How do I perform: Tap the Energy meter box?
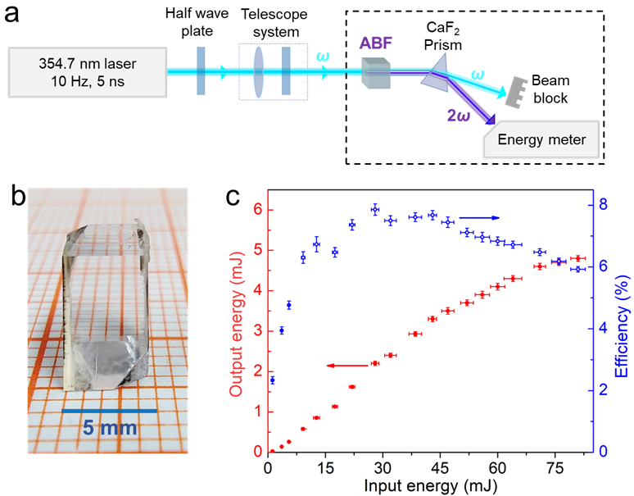[541, 140]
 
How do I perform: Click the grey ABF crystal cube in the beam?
[375, 75]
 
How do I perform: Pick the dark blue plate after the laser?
[202, 72]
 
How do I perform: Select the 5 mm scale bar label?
[110, 428]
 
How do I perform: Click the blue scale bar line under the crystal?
[110, 408]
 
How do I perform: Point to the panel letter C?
[233, 198]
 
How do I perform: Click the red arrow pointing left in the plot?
[344, 365]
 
